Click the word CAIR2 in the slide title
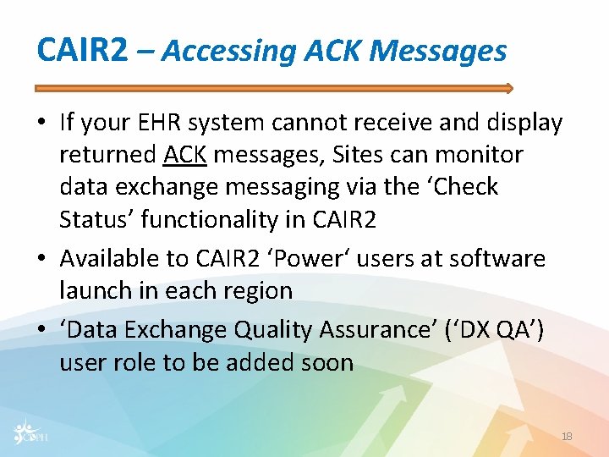[x=82, y=51]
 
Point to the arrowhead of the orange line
[x=507, y=88]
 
